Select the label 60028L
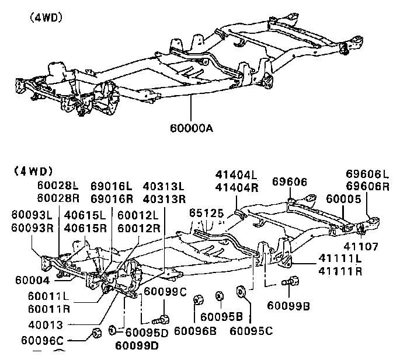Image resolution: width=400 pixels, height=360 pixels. coord(58,185)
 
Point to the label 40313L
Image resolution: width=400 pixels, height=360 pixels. coord(164,186)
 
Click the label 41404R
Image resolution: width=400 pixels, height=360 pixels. coord(236,186)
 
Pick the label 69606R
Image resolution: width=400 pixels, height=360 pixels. coord(367,186)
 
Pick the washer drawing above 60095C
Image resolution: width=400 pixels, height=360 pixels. coord(239,291)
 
